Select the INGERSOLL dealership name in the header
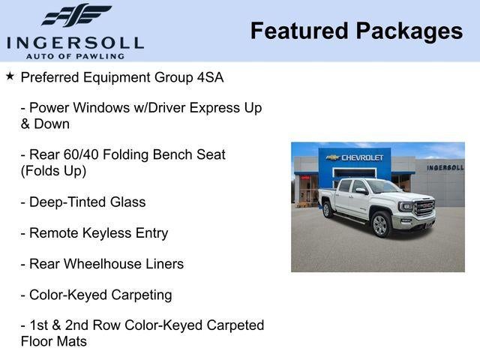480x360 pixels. pyautogui.click(x=75, y=43)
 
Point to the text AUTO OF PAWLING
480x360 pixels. pyautogui.click(x=75, y=55)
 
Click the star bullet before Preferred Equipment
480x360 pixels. pyautogui.click(x=10, y=76)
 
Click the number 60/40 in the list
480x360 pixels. pyautogui.click(x=82, y=154)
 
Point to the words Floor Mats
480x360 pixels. pyautogui.click(x=54, y=341)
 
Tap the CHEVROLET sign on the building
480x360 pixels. pyautogui.click(x=362, y=157)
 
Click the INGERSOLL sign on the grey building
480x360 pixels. pyautogui.click(x=445, y=167)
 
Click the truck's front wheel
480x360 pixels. pyautogui.click(x=380, y=223)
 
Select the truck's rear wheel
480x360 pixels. pyautogui.click(x=328, y=210)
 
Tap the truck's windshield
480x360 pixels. pyautogui.click(x=381, y=187)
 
